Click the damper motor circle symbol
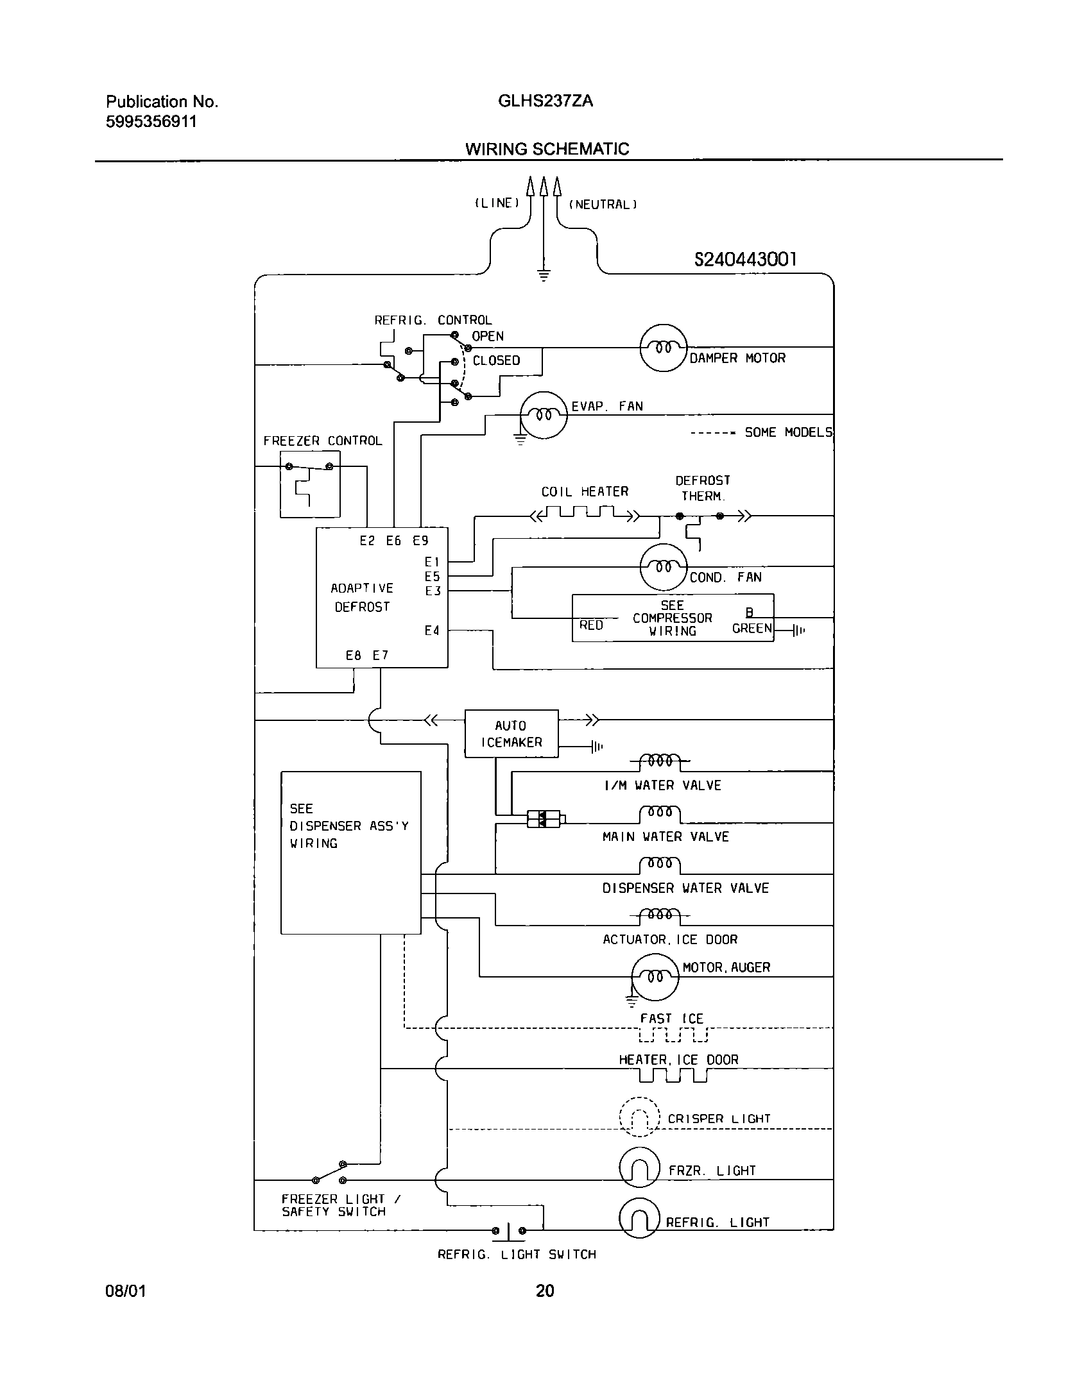[664, 348]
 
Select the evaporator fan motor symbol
[544, 415]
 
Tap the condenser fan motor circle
[664, 566]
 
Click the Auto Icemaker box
[511, 733]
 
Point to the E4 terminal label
[432, 631]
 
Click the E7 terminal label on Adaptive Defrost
[381, 656]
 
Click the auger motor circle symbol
[655, 977]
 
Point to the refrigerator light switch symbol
[509, 1230]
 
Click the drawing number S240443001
[746, 259]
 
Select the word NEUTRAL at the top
[603, 205]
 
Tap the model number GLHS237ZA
[545, 101]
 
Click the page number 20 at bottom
[545, 1290]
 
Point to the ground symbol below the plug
[544, 276]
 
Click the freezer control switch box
[310, 484]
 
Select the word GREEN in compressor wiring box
[752, 629]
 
